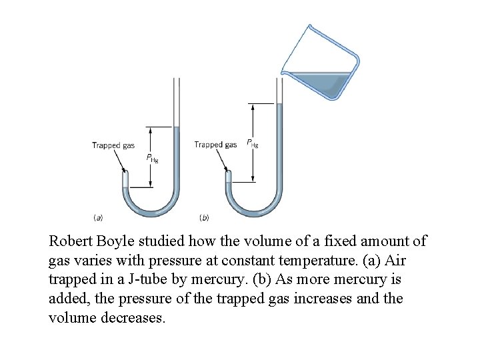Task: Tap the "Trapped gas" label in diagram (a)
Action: pos(113,145)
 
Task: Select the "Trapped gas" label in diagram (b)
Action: pos(215,145)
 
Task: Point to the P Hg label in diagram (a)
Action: pos(152,159)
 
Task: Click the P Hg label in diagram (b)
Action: pos(253,143)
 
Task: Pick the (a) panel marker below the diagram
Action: pos(97,217)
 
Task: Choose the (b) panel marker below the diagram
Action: pos(205,217)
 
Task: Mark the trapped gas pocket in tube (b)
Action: pos(229,177)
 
